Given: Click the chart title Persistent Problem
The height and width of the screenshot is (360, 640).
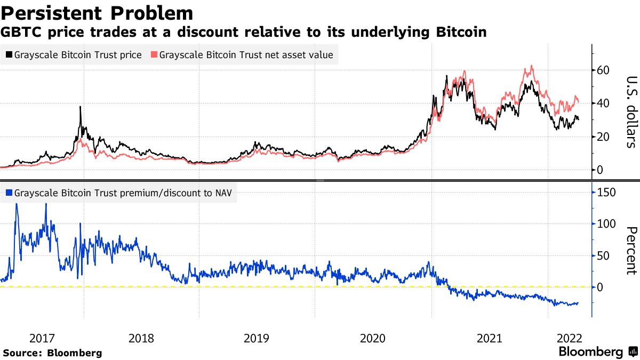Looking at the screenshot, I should click(97, 13).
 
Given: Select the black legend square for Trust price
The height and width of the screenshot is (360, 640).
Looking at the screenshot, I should click(9, 55).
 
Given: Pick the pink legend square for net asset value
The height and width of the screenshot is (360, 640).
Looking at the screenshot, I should click(154, 55).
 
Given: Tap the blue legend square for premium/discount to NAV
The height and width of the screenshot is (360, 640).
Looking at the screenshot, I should click(9, 193).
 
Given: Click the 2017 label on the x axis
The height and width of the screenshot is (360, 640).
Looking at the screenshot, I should click(42, 338).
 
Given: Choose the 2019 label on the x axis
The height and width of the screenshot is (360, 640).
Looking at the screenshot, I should click(257, 338).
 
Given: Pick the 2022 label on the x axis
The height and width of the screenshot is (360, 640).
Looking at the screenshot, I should click(569, 338).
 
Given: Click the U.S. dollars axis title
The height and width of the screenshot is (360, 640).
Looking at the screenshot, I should click(630, 111).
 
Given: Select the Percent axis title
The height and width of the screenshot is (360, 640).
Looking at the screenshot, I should click(630, 250).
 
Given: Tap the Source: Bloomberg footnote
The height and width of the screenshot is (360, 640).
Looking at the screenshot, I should click(52, 353).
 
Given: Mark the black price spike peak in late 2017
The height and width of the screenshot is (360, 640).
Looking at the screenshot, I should click(80, 107).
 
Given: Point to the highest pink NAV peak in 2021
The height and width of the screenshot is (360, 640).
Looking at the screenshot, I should click(531, 66).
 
